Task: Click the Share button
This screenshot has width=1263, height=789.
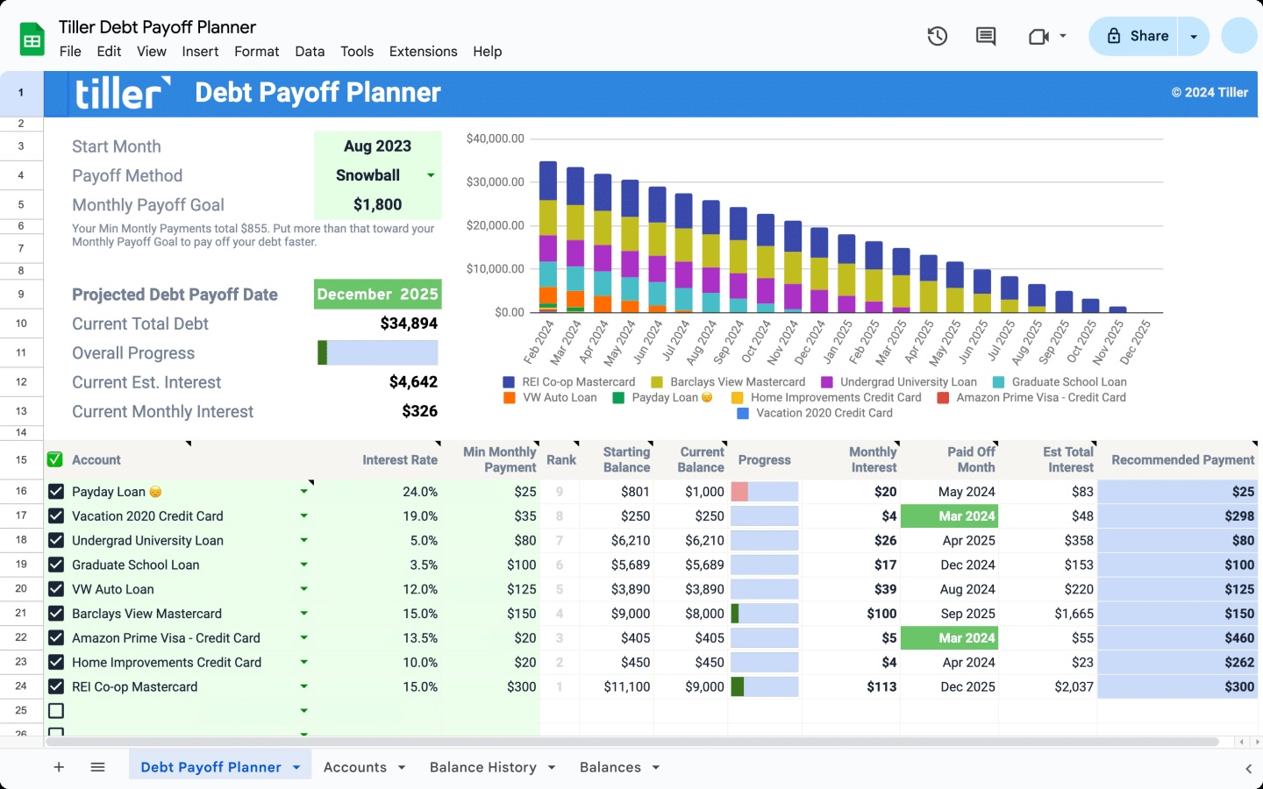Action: point(1137,36)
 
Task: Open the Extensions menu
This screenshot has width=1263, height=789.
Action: point(423,52)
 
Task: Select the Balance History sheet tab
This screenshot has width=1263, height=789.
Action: point(482,767)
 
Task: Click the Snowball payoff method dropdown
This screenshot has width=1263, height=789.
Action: point(377,175)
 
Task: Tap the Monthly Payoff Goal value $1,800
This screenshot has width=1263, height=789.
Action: point(377,205)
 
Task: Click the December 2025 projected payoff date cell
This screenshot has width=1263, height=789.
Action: point(377,295)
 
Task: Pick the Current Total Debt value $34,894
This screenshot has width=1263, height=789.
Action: point(408,323)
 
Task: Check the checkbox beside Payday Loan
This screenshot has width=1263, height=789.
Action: point(56,492)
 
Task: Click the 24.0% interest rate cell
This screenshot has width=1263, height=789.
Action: point(419,492)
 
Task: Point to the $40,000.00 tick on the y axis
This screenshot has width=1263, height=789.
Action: point(495,139)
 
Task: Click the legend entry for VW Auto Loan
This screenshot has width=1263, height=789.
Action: point(559,398)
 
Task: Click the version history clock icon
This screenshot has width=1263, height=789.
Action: point(937,36)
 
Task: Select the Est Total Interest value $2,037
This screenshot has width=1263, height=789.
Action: point(1074,687)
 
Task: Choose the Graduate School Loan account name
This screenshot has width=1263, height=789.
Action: point(136,565)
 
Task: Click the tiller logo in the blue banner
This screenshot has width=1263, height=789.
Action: point(121,93)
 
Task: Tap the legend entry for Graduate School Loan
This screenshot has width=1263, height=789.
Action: point(1068,382)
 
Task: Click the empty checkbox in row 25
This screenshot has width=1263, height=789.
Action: point(56,711)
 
